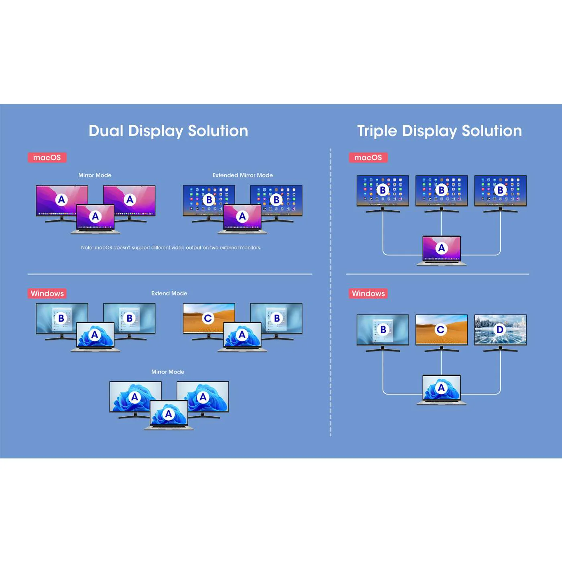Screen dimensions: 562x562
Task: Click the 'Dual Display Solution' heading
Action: click(168, 131)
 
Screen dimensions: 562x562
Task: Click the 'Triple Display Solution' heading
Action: click(439, 131)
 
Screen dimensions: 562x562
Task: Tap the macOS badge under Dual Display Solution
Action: click(47, 157)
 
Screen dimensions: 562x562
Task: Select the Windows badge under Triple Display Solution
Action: click(368, 293)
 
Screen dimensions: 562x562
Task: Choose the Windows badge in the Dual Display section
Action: click(47, 293)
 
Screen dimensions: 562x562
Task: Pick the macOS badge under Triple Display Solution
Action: click(368, 157)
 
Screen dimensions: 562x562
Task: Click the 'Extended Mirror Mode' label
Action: click(242, 175)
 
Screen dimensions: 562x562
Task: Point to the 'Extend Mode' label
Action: click(169, 293)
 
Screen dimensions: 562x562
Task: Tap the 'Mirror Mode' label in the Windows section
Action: click(168, 372)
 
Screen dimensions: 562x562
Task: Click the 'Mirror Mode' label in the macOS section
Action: click(95, 175)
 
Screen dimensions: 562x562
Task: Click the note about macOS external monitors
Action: click(171, 248)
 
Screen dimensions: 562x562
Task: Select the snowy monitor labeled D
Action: click(500, 330)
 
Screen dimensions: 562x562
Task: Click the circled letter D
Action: click(500, 330)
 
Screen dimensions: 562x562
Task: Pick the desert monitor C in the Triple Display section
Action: click(442, 330)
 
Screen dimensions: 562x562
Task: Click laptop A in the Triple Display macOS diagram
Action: click(442, 250)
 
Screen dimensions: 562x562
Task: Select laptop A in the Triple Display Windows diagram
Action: click(442, 389)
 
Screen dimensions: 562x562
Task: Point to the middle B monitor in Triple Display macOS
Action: click(442, 190)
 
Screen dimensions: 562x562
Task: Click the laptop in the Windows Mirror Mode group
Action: click(169, 414)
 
